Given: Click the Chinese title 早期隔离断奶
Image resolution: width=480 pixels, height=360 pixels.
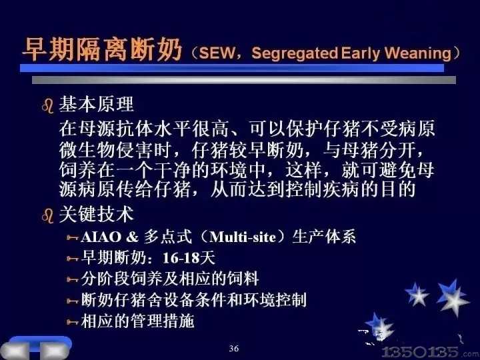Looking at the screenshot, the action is (103, 49).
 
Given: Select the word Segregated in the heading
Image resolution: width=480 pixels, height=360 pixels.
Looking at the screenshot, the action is (295, 53).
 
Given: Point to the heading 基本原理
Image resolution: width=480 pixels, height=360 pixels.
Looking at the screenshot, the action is (96, 104).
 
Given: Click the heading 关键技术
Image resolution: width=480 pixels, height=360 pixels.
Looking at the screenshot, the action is (96, 214).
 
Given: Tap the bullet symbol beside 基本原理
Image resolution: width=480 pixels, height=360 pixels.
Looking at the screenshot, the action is (48, 106).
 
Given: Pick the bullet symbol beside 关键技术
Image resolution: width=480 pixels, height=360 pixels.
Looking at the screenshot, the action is (48, 215).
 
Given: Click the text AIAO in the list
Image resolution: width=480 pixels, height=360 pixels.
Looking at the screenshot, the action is (101, 237).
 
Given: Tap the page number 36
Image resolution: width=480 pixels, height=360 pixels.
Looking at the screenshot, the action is (234, 349).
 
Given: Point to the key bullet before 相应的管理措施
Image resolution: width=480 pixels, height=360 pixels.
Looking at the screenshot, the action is (73, 322).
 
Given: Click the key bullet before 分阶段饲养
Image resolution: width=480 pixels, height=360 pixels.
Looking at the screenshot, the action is (73, 279).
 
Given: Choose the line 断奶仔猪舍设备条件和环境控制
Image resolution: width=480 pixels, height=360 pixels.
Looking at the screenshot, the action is (194, 300).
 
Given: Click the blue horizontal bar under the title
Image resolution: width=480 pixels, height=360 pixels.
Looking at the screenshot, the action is (232, 68).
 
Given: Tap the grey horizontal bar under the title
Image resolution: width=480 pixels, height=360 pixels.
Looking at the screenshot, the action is (244, 80).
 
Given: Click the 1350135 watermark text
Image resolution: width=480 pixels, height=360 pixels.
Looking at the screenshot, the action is (420, 352).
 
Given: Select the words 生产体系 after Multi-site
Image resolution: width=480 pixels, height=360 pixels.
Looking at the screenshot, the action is (324, 237).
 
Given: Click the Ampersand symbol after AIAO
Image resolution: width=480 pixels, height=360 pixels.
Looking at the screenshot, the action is (132, 237).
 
